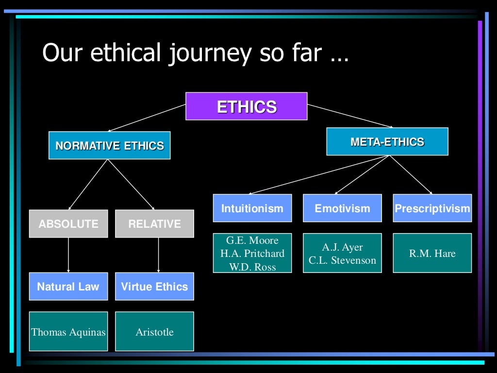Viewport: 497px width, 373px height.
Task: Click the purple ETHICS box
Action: coord(247,106)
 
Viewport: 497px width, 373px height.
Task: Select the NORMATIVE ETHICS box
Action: coord(110,145)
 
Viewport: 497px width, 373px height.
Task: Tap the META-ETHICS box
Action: coord(387,142)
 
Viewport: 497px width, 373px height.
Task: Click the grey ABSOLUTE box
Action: coord(68,224)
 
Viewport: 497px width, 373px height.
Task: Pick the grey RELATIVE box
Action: coord(154,224)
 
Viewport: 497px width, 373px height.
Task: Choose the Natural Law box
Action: coord(68,287)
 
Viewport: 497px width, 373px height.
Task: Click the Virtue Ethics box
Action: coord(154,287)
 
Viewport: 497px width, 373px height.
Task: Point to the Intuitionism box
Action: coord(252,208)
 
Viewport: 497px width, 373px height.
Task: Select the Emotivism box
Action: coord(342,208)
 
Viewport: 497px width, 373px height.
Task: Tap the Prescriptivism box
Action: coord(432,208)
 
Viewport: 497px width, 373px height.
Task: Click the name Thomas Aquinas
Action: coord(68,332)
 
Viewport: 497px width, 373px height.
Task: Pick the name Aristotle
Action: coord(154,332)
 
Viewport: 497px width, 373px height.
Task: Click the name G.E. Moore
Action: coord(252,240)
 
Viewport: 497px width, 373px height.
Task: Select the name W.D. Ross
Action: coord(252,267)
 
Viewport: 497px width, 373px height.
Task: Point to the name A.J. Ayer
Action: coord(342,247)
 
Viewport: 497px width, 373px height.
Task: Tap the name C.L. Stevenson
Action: coord(342,260)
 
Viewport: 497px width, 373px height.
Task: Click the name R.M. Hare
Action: coord(432,253)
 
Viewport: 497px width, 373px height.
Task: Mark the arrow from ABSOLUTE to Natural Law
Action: coord(68,255)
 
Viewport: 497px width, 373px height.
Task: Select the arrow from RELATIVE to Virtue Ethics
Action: coord(159,255)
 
